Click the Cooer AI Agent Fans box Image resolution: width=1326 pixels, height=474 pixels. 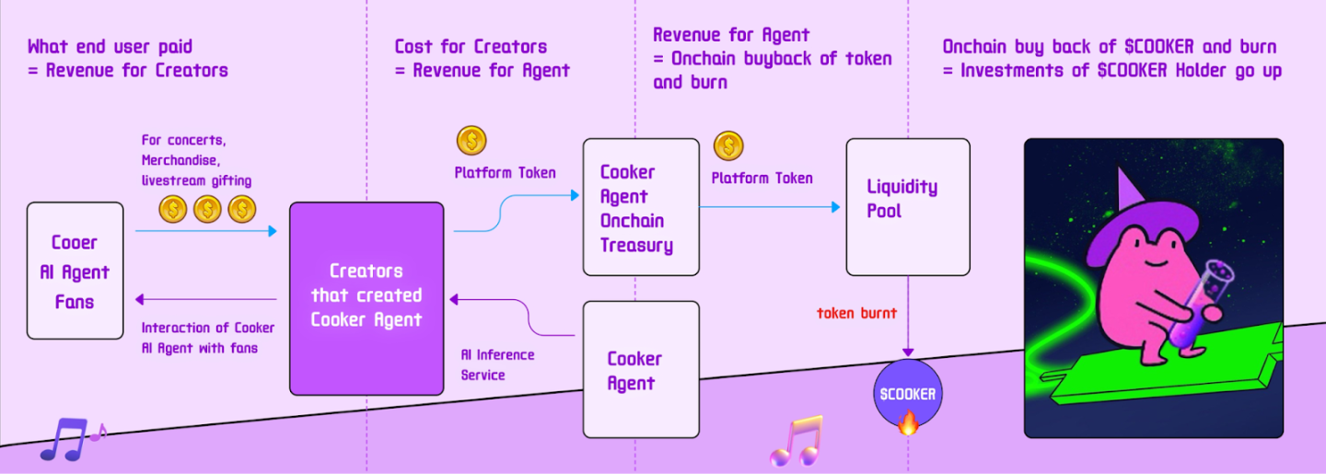click(75, 271)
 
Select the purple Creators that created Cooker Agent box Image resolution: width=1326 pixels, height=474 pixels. click(366, 298)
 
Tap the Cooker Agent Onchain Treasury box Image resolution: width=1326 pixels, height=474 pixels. click(641, 207)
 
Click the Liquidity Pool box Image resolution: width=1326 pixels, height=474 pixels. click(907, 207)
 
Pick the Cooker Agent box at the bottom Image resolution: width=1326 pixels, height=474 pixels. click(641, 370)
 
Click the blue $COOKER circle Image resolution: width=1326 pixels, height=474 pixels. click(907, 394)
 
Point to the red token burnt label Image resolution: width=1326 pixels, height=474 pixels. click(856, 313)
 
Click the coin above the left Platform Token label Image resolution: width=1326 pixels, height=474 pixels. click(471, 141)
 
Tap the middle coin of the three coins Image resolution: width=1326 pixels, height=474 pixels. click(207, 209)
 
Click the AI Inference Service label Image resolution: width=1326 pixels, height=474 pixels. click(497, 364)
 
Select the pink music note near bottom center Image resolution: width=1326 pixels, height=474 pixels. click(796, 441)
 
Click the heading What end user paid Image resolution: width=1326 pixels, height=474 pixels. click(110, 46)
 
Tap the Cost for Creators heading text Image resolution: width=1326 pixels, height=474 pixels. click(471, 46)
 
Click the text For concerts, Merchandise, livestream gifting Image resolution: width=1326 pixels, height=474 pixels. click(196, 160)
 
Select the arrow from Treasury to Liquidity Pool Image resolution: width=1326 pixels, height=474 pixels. click(770, 207)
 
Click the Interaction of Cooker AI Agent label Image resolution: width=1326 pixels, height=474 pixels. click(207, 338)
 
